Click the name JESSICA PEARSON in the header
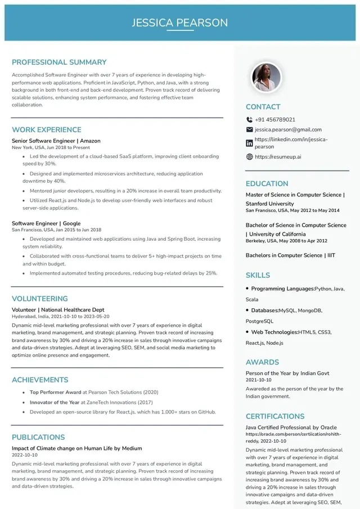[180, 22]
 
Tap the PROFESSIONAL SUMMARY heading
[59, 62]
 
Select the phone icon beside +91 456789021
[250, 120]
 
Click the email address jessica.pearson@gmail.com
[288, 129]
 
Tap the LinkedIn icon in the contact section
[250, 143]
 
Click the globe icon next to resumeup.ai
[250, 157]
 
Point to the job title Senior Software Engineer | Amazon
[56, 141]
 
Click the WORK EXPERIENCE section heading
[47, 129]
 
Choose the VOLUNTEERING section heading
[40, 299]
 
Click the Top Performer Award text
[56, 392]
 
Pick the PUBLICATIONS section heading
[38, 437]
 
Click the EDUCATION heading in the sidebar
[267, 183]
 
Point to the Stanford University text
[269, 204]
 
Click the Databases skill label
[264, 310]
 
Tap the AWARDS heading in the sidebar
[262, 362]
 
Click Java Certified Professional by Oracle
[291, 427]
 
